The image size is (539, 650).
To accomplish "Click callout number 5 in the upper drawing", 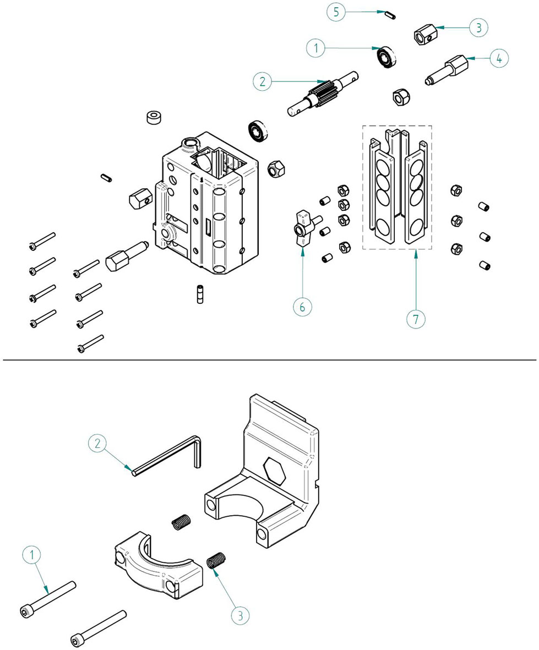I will coord(336,12).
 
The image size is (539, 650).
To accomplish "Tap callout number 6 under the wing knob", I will coord(302,306).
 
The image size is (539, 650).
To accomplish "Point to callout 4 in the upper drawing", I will coord(499,58).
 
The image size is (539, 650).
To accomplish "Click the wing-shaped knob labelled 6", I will coord(304,225).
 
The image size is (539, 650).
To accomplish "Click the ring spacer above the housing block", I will coord(154,118).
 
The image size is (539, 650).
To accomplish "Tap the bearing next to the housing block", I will coord(257,130).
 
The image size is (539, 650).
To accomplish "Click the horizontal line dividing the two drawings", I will coord(269,360).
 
